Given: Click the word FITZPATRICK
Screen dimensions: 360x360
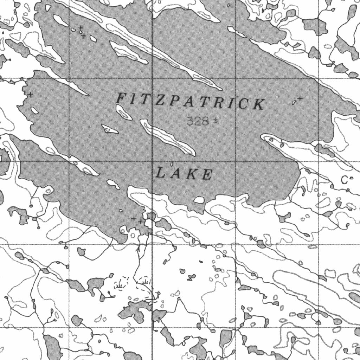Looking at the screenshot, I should [x=190, y=102].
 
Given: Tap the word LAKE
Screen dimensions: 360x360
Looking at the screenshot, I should [x=184, y=174].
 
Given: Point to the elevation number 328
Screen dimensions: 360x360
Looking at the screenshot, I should [x=198, y=122].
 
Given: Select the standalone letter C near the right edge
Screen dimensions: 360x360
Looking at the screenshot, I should [x=345, y=180].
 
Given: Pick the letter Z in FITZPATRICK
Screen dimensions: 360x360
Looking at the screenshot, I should [x=161, y=100].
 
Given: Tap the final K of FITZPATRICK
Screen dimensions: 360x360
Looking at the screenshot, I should [x=259, y=104].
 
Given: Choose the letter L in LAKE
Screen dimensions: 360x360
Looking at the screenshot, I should [x=160, y=173].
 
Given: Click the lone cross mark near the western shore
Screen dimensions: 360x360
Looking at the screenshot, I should [x=31, y=94].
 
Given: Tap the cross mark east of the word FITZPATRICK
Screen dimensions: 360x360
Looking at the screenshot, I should [x=300, y=98].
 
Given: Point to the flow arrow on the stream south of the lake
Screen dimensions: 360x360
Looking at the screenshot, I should [x=138, y=248].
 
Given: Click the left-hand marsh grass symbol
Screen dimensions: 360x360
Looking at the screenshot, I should [x=120, y=287].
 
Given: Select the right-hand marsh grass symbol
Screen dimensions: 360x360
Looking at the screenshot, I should [x=145, y=281].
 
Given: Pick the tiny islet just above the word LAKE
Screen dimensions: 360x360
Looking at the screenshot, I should [x=172, y=163].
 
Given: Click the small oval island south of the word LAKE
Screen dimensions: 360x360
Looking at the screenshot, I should [x=199, y=200].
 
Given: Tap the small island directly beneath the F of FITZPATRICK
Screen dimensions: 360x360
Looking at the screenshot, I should [x=123, y=112].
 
